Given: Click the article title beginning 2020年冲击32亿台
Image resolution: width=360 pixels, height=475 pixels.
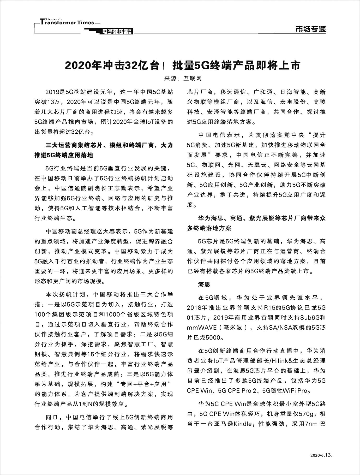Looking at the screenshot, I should [183, 66].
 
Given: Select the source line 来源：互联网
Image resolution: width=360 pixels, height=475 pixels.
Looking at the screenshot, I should [183, 78].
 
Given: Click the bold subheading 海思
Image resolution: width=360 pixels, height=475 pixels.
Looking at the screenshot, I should [204, 284].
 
